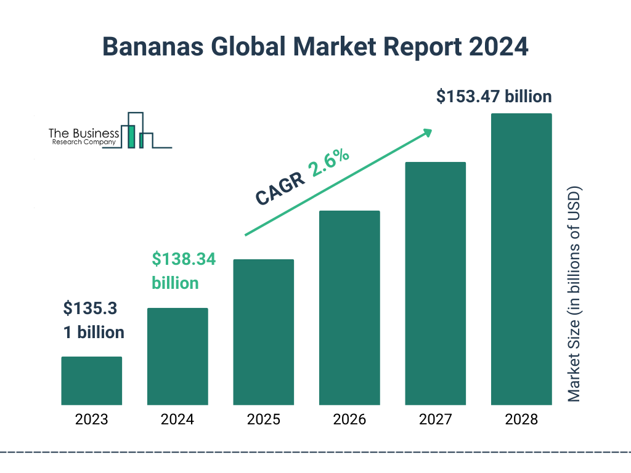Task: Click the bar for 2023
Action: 91,381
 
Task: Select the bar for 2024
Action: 177,356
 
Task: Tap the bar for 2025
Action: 263,332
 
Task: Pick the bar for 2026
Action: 349,308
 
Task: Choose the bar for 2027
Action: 435,283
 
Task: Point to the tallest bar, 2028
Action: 521,259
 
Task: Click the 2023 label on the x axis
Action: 91,420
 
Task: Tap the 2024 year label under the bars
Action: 177,420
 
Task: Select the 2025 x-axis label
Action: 263,420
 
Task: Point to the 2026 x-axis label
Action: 349,420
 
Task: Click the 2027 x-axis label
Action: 435,420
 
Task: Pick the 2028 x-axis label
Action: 521,420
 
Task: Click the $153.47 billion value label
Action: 494,97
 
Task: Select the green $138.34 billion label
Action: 183,271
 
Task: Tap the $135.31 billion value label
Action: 94,320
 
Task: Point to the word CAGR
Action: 280,189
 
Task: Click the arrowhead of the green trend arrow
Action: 427,132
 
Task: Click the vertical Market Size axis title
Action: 574,293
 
